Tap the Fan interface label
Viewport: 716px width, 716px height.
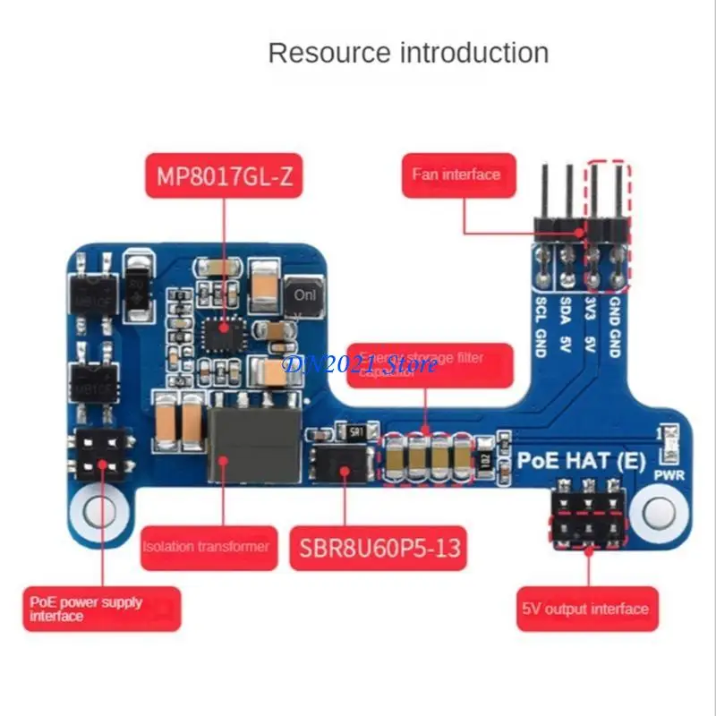(x=456, y=175)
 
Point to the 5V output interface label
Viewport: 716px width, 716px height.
(x=585, y=609)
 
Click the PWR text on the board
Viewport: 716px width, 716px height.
(x=669, y=475)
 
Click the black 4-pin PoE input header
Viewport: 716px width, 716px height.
(x=99, y=454)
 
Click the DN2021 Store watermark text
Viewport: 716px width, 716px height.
(x=360, y=364)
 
